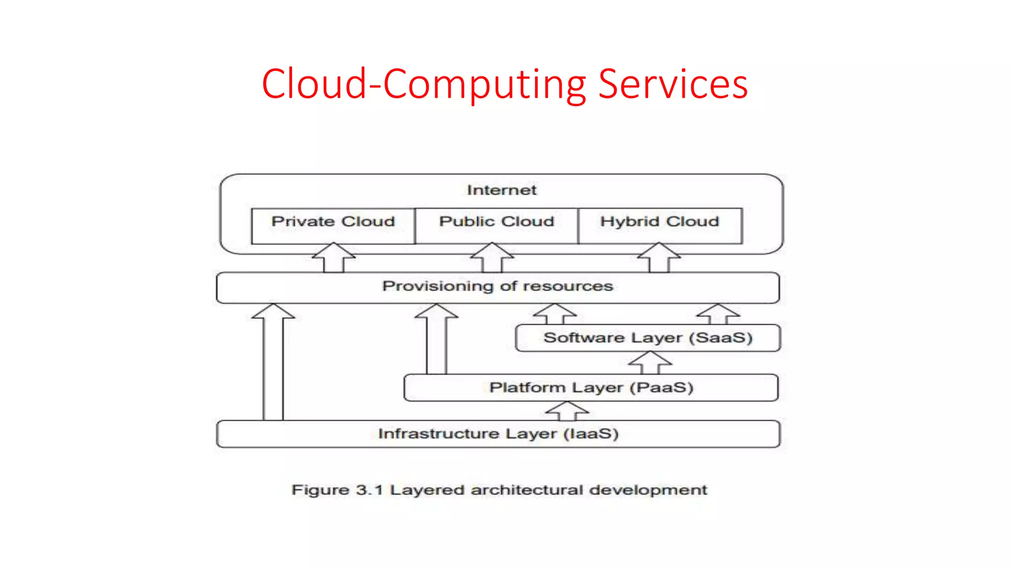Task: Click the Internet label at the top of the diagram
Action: click(502, 190)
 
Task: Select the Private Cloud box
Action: click(333, 225)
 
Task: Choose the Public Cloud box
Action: click(497, 225)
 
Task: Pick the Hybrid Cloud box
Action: click(659, 225)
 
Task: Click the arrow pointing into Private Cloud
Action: click(333, 258)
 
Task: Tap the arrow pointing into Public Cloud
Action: click(492, 258)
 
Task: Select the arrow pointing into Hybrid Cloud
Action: click(659, 258)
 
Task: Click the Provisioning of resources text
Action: click(498, 286)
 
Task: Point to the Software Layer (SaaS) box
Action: click(648, 338)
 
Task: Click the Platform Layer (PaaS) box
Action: click(591, 388)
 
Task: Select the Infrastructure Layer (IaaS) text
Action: click(498, 434)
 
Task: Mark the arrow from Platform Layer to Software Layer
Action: click(650, 363)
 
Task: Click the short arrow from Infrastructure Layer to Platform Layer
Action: click(567, 411)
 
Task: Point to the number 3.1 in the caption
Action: click(369, 490)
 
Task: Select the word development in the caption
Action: click(648, 490)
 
